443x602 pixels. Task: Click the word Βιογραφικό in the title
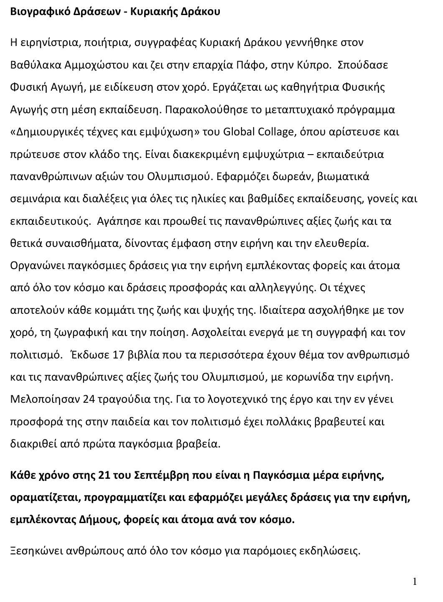(34, 12)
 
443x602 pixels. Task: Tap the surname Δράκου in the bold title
(202, 12)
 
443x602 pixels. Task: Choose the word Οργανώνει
(35, 266)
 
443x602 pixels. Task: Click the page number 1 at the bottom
(414, 582)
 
